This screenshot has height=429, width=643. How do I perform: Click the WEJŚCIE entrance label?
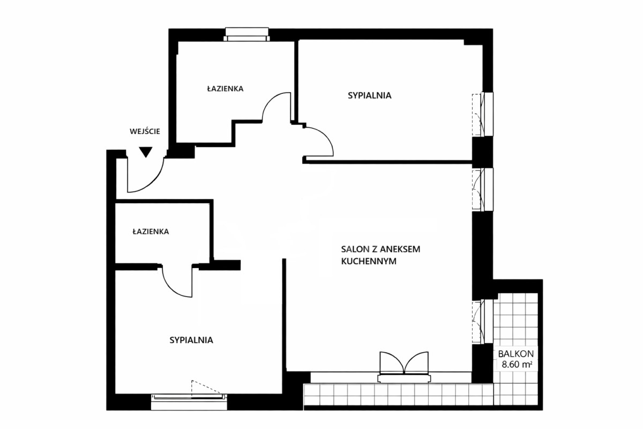145,130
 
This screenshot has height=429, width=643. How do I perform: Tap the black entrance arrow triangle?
145,152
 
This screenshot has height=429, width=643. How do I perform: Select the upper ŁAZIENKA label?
225,88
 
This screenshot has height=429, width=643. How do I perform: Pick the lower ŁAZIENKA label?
151,232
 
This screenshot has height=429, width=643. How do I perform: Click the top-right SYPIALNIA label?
369,96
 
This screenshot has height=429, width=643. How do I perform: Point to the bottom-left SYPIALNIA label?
191,339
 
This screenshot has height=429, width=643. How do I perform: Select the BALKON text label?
515,354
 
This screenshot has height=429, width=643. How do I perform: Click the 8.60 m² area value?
515,365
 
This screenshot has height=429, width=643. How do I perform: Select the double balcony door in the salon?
404,365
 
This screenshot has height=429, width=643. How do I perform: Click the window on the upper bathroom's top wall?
246,34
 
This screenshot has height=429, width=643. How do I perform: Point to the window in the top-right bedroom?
483,114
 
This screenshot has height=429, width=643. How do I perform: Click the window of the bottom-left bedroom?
189,397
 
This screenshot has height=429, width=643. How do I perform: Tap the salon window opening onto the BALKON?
483,321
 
